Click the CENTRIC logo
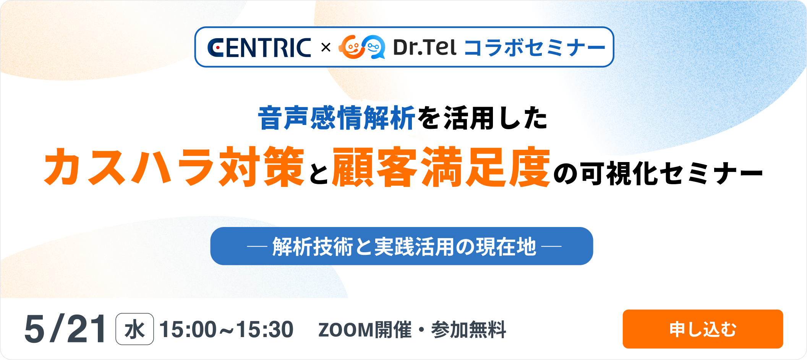tap(259, 48)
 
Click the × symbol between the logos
tap(326, 48)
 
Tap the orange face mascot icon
tap(350, 47)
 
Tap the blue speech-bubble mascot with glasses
tap(373, 47)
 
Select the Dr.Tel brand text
tap(425, 47)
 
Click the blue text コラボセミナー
tap(535, 48)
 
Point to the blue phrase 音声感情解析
tap(337, 118)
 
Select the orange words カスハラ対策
tap(174, 167)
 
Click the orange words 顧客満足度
tap(441, 167)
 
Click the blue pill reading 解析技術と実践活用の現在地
tap(402, 246)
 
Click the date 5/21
tap(65, 329)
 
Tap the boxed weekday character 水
tap(134, 329)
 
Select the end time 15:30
tap(265, 329)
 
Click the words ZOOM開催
tap(365, 330)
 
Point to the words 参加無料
tap(469, 330)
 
